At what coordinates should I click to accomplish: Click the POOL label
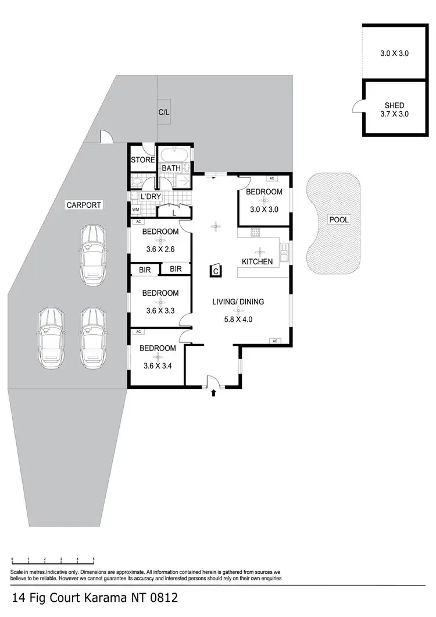tap(339, 219)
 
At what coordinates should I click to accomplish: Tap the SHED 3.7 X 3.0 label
tap(394, 109)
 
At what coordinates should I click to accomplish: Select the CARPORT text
tap(84, 205)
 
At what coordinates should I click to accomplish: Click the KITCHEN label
tap(257, 261)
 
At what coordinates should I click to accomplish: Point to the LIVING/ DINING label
tap(238, 302)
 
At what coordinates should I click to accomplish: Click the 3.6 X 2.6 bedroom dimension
tap(160, 251)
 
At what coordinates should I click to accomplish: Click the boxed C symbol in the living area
tap(216, 271)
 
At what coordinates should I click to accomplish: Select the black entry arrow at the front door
tap(213, 393)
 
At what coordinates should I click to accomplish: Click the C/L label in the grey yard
tap(164, 112)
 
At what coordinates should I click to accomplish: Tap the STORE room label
tap(142, 160)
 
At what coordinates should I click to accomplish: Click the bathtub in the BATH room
tap(173, 155)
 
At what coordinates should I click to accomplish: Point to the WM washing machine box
tap(135, 210)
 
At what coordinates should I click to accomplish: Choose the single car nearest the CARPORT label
tap(94, 251)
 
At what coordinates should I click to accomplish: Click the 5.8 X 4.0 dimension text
tap(238, 319)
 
